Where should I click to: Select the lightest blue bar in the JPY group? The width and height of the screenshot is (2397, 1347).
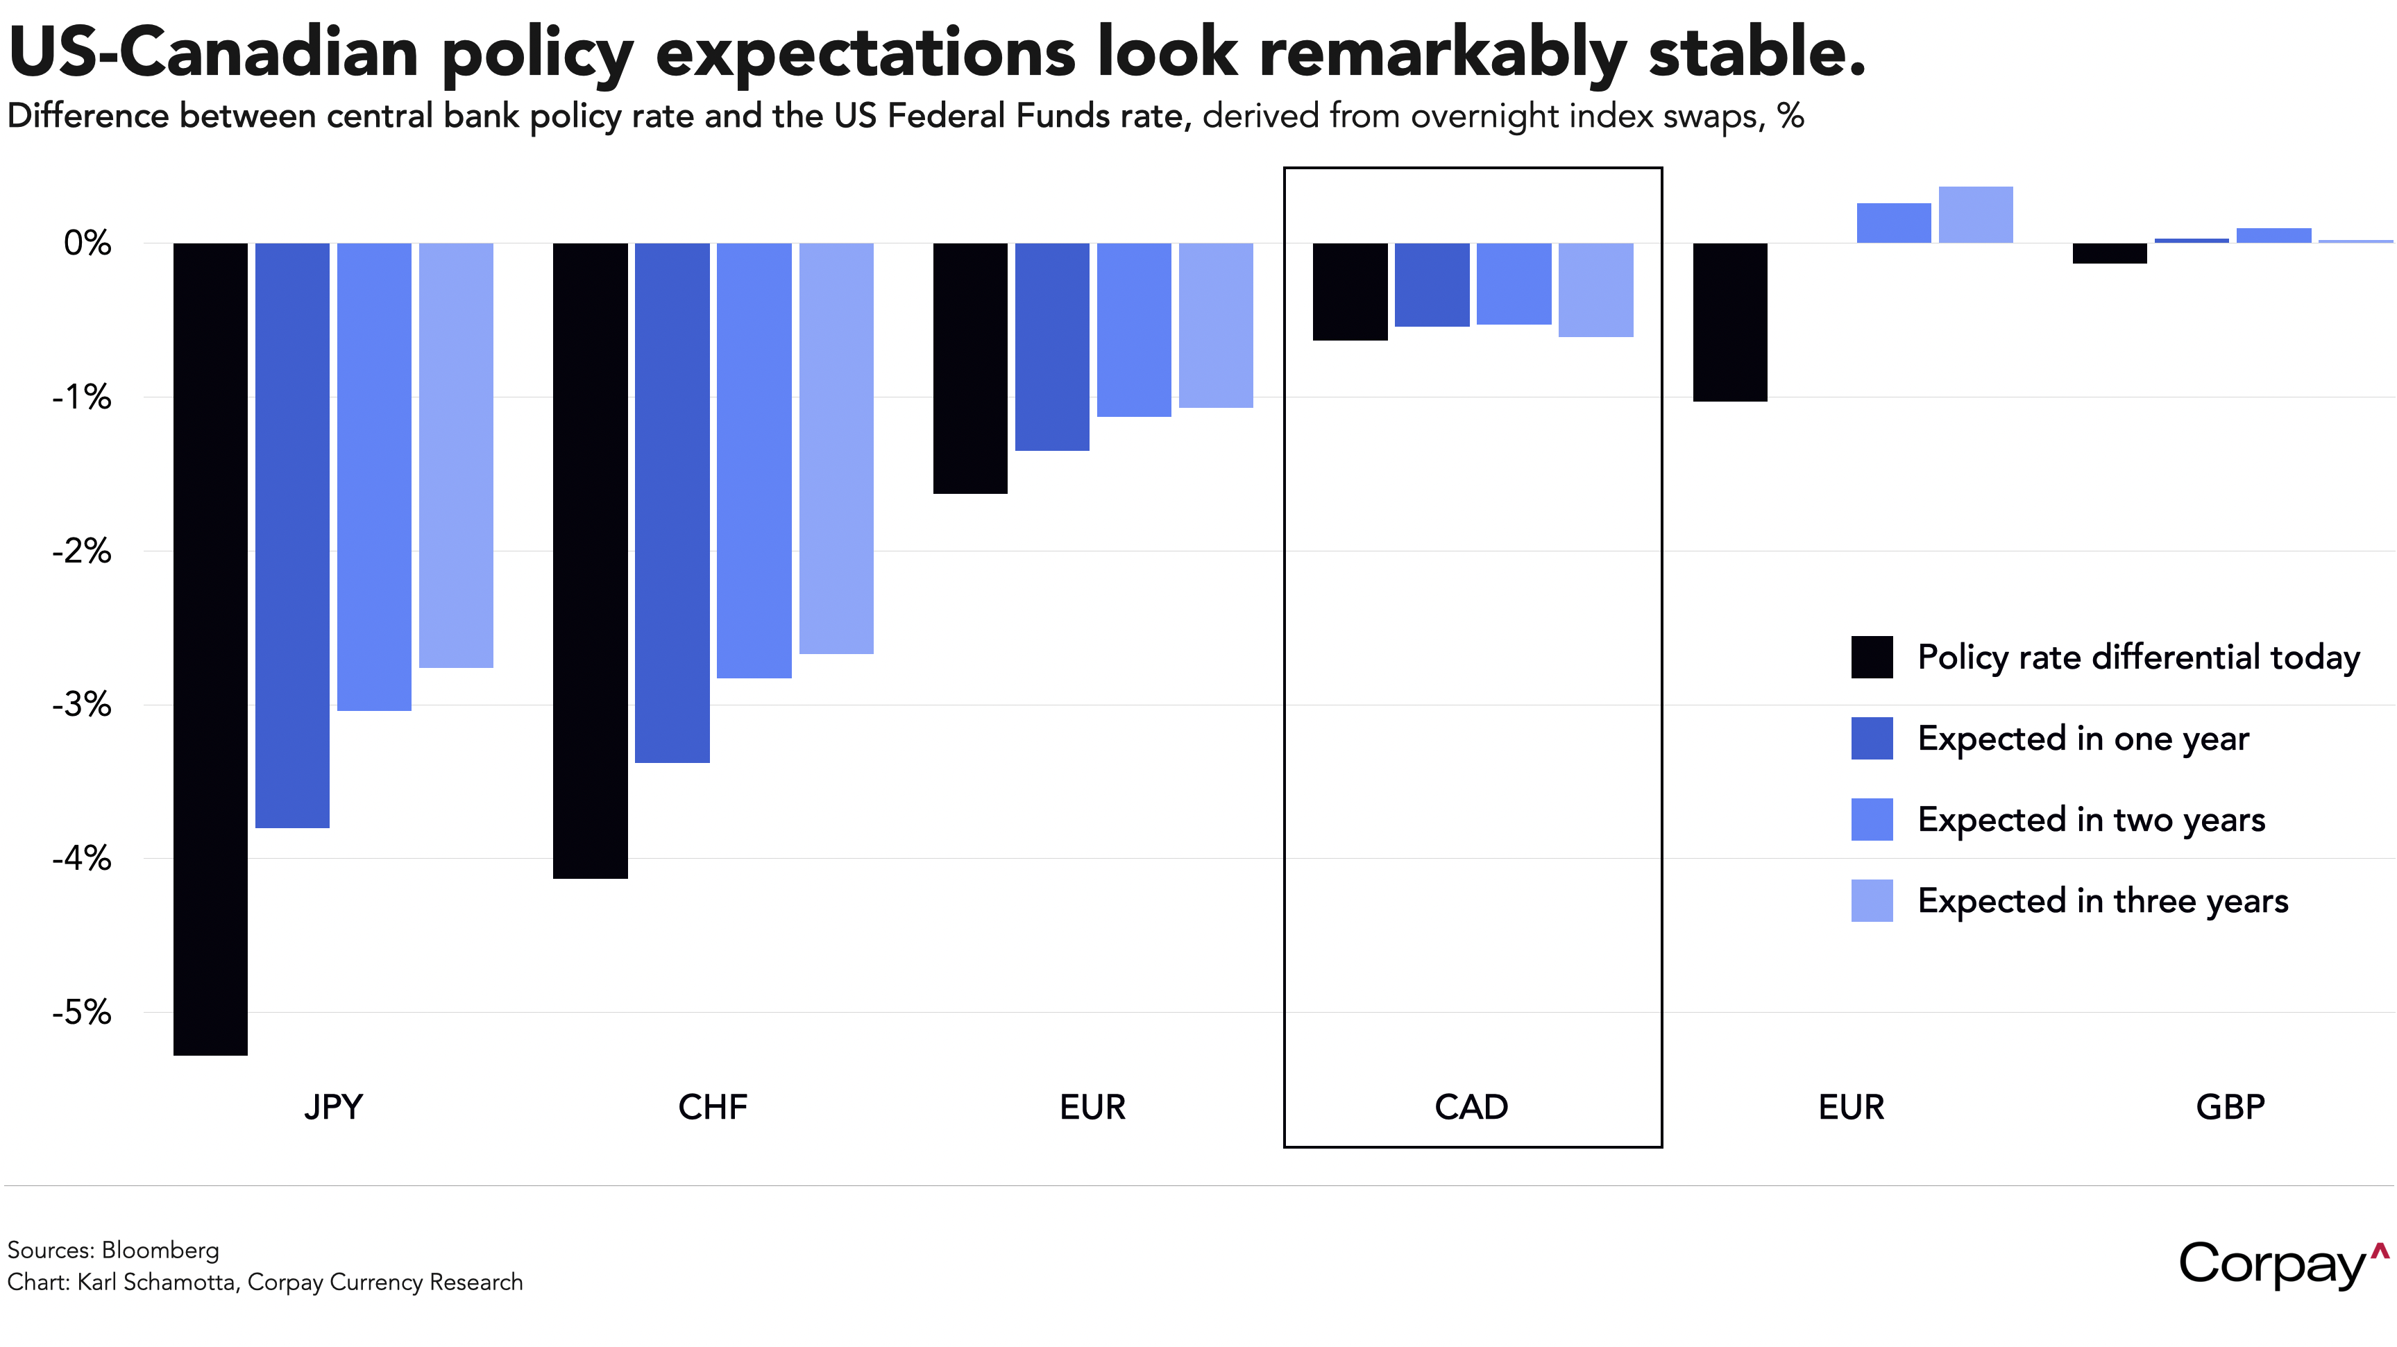pyautogui.click(x=456, y=455)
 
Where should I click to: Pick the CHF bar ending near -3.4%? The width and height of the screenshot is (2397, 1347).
pyautogui.click(x=672, y=502)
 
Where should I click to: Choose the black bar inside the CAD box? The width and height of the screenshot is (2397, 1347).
pyautogui.click(x=1350, y=291)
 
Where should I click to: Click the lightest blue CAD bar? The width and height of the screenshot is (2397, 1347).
pyautogui.click(x=1596, y=289)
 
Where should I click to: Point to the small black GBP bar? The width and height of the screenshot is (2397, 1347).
pyautogui.click(x=2110, y=253)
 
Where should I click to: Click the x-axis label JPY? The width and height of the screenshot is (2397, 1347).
pyautogui.click(x=333, y=1107)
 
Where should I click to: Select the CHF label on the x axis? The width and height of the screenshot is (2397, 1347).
pyautogui.click(x=713, y=1107)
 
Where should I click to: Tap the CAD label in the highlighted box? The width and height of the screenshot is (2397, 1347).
pyautogui.click(x=1471, y=1107)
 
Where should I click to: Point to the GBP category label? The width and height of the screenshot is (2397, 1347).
pyautogui.click(x=2230, y=1107)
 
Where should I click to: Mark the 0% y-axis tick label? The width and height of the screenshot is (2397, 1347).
pyautogui.click(x=87, y=243)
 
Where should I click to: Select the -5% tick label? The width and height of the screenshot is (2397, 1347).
pyautogui.click(x=82, y=1012)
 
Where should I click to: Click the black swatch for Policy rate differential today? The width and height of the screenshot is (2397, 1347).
pyautogui.click(x=1871, y=657)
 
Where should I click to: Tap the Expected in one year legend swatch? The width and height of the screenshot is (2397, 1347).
pyautogui.click(x=1871, y=738)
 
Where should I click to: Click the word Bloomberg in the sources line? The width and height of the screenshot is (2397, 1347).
pyautogui.click(x=160, y=1251)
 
